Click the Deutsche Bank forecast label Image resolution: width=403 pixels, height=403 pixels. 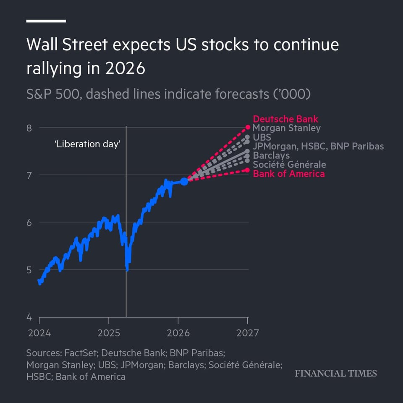click(285, 119)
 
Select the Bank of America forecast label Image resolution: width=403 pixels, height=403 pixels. click(288, 173)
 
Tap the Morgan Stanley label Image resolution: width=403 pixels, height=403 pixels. click(286, 128)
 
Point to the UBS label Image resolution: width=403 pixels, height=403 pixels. click(262, 137)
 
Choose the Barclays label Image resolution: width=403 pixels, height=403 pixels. click(271, 155)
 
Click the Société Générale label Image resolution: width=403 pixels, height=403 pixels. click(289, 165)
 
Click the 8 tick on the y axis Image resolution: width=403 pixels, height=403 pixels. click(29, 128)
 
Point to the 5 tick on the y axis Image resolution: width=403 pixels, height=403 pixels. click(29, 270)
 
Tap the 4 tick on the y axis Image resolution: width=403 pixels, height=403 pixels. click(29, 317)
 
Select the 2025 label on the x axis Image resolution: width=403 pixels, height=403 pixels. click(108, 333)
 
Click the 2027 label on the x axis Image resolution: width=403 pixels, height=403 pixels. click(248, 333)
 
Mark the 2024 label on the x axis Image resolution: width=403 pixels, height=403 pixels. click(39, 333)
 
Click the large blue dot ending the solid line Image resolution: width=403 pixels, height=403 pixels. click(184, 181)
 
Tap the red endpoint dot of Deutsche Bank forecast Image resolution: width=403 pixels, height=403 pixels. click(248, 127)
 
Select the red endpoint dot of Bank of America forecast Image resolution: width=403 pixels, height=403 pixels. click(248, 170)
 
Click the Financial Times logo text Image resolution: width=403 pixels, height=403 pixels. click(335, 374)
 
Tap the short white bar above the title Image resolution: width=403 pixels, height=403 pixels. click(46, 21)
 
